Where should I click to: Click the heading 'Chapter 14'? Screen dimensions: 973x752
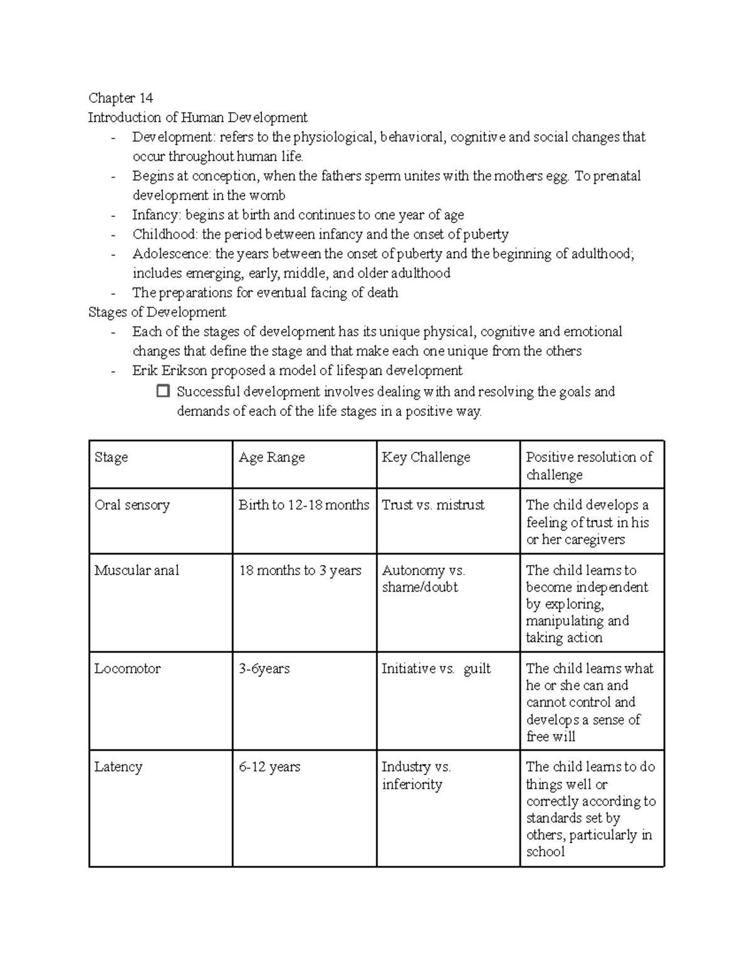(x=120, y=98)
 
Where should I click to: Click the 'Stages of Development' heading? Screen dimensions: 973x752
(x=157, y=312)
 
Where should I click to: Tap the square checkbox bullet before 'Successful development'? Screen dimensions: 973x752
(x=163, y=392)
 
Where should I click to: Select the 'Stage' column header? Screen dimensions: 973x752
(x=111, y=457)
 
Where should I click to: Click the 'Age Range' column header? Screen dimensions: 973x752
(x=271, y=457)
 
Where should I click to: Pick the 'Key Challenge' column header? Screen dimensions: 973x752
(x=426, y=457)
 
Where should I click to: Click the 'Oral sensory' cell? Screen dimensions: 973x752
(x=132, y=505)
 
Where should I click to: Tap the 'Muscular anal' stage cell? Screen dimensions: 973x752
(x=137, y=570)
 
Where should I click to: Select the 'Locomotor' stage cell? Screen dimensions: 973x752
(x=127, y=669)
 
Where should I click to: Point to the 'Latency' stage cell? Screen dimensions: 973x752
(x=118, y=767)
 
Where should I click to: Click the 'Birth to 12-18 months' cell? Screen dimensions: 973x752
(x=304, y=505)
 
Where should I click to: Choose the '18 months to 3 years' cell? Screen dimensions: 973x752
(x=300, y=570)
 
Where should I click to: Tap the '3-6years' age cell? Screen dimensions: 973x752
(x=264, y=669)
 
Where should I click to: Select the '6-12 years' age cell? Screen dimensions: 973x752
(x=269, y=767)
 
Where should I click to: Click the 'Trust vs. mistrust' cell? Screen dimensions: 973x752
(x=433, y=505)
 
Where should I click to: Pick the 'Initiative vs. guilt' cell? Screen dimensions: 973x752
(x=436, y=669)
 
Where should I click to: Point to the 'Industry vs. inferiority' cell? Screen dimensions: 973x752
(x=416, y=776)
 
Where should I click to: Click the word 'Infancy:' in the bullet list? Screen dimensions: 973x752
(x=156, y=215)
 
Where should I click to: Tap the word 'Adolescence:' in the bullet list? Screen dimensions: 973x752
(x=171, y=254)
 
